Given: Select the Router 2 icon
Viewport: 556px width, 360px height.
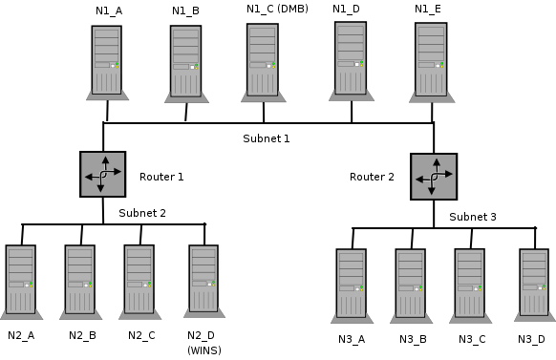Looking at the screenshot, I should click(434, 176).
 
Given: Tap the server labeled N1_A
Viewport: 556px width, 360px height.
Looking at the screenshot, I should click(107, 61).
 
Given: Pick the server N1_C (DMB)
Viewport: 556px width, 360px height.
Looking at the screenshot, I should click(262, 60).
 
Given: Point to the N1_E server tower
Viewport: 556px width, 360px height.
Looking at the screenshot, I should click(432, 60).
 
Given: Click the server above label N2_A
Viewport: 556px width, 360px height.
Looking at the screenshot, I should click(20, 281).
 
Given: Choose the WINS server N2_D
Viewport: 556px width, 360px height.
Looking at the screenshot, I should click(203, 281).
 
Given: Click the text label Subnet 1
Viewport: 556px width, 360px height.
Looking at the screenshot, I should click(266, 138).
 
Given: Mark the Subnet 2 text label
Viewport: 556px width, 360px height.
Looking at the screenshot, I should click(142, 212).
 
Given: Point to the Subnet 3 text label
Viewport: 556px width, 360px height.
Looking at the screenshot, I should click(473, 217).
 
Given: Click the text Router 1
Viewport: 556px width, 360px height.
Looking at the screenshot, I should click(161, 177).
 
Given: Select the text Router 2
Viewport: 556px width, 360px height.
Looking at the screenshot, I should click(372, 177).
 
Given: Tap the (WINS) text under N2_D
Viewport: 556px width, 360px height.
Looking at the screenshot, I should click(203, 350).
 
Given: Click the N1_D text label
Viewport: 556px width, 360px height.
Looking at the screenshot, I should click(346, 9).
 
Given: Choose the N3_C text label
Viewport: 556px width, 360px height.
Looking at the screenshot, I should click(472, 339).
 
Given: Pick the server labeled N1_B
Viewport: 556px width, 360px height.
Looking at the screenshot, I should click(185, 62).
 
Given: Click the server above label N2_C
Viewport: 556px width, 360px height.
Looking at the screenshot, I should click(139, 281).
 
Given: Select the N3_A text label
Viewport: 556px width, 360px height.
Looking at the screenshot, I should click(352, 339).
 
